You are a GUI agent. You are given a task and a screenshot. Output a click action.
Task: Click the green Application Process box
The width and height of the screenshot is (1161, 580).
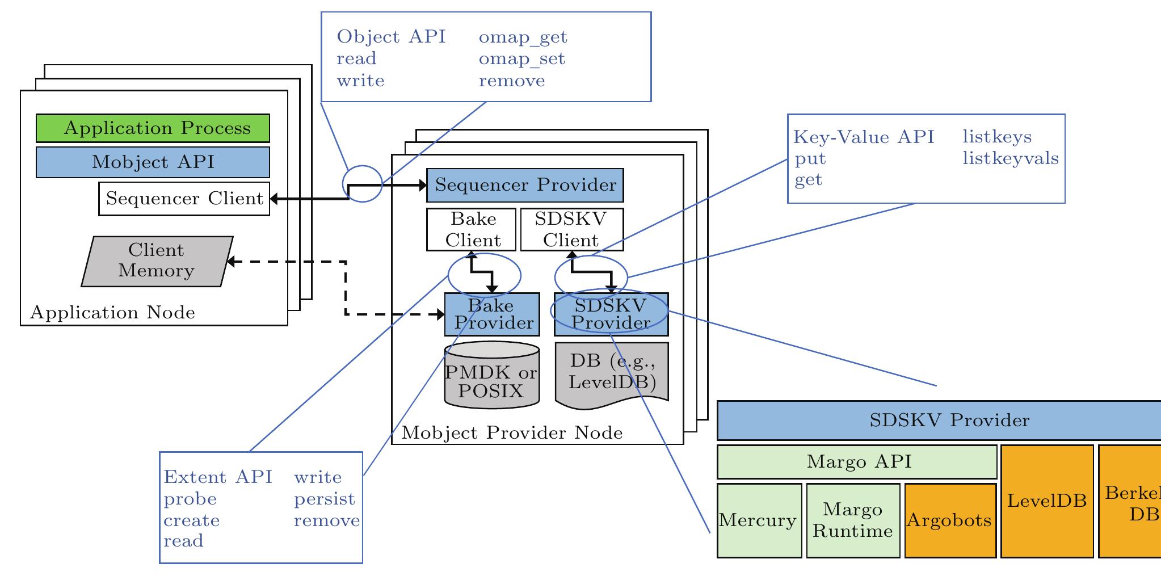(153, 128)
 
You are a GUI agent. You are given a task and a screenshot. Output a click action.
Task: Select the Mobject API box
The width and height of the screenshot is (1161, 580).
(153, 162)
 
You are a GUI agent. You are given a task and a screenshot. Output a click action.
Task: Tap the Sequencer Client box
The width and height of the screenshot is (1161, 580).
(184, 199)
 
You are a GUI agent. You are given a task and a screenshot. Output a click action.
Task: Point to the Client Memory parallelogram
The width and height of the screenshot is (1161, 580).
(157, 261)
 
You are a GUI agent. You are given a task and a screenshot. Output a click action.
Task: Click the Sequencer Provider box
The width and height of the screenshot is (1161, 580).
(525, 185)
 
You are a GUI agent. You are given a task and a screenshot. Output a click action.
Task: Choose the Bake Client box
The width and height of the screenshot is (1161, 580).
(472, 229)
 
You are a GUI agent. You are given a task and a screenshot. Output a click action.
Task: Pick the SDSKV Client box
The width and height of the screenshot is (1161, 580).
(571, 229)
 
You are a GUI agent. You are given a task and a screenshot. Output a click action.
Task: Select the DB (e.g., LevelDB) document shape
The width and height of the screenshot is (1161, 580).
(612, 373)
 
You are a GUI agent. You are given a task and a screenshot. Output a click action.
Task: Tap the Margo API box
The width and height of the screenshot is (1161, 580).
(857, 462)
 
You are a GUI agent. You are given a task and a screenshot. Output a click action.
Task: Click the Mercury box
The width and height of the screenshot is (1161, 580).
(759, 520)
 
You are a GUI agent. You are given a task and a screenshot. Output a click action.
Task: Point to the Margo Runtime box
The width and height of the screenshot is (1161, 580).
(852, 520)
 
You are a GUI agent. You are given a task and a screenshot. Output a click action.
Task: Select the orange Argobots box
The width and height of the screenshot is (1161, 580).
(950, 520)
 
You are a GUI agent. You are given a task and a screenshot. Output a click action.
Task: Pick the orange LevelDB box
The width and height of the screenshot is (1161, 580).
(1047, 501)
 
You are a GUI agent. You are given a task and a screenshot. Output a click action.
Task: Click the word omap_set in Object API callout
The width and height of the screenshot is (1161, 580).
(522, 59)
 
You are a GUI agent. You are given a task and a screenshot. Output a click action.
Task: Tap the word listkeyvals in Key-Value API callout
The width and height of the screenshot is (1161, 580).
(1011, 158)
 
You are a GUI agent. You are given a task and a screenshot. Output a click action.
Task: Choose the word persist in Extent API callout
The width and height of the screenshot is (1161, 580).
(324, 499)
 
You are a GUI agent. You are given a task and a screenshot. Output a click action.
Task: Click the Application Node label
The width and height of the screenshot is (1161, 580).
(112, 313)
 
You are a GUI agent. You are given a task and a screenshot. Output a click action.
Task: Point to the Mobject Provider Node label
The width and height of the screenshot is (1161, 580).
(512, 434)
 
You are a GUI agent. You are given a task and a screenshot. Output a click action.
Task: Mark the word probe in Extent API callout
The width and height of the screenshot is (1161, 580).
(190, 499)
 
